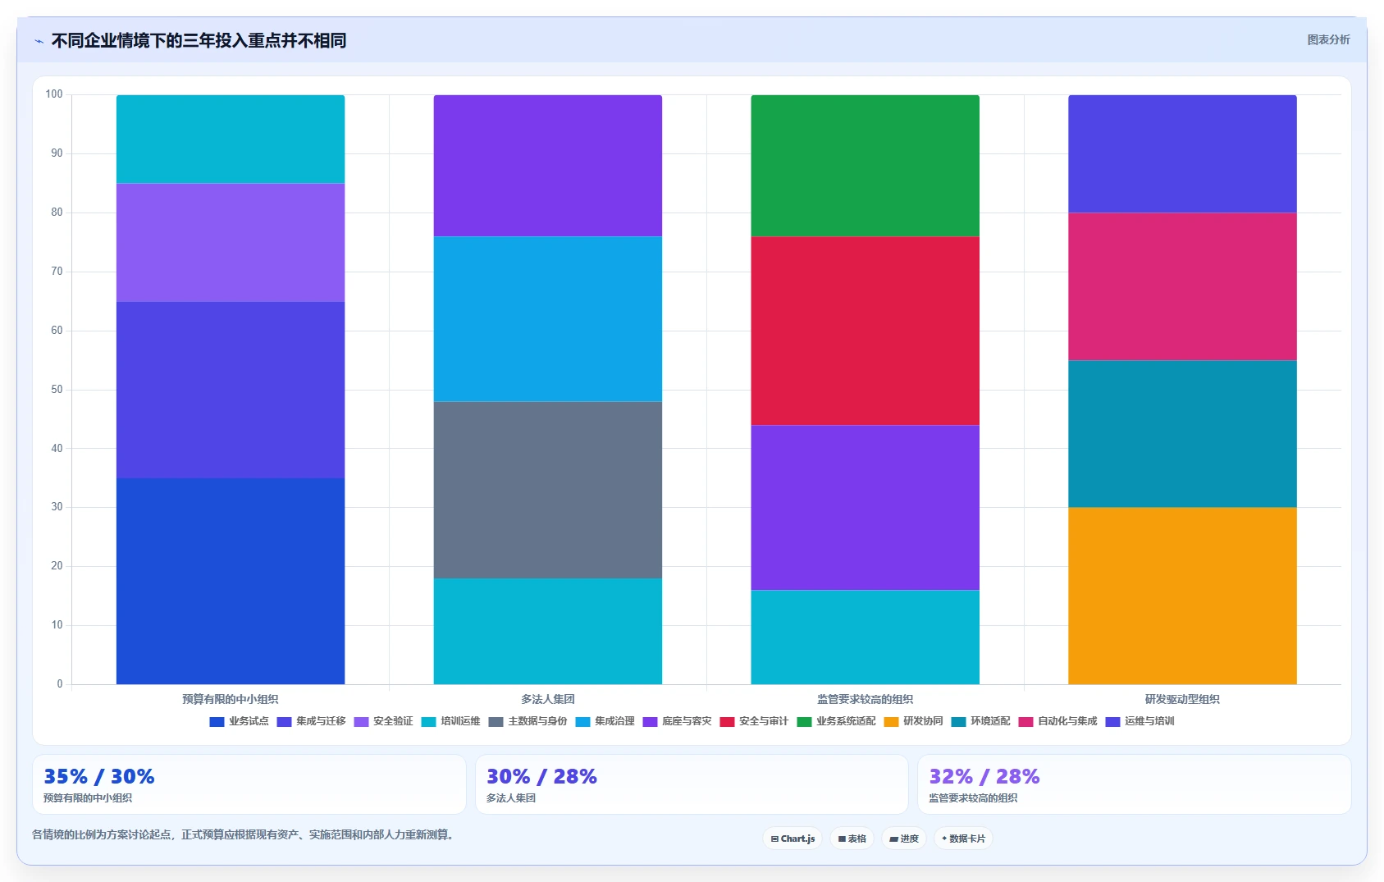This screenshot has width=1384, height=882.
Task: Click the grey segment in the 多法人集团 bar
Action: pyautogui.click(x=547, y=490)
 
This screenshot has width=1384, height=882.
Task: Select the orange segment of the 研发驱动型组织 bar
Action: pyautogui.click(x=1182, y=596)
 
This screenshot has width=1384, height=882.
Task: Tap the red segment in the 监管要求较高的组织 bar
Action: pyautogui.click(x=865, y=331)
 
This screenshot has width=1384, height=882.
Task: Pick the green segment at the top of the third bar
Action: pyautogui.click(x=865, y=166)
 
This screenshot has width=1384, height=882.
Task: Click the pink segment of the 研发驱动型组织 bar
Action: pyautogui.click(x=1182, y=287)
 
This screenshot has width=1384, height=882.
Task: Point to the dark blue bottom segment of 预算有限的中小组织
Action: pyautogui.click(x=231, y=581)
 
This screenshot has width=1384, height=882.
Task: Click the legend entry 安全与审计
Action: pyautogui.click(x=755, y=721)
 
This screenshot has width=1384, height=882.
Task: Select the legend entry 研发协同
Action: pyautogui.click(x=913, y=721)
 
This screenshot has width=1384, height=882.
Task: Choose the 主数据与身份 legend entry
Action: pyautogui.click(x=528, y=721)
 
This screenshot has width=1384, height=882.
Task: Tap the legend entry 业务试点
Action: pyautogui.click(x=239, y=721)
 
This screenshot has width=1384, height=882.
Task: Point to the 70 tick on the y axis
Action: pyautogui.click(x=57, y=272)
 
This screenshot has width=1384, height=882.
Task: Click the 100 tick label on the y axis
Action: pyautogui.click(x=54, y=94)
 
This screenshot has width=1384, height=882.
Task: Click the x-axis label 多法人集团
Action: pyautogui.click(x=547, y=699)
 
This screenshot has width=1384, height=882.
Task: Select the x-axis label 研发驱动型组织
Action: pyautogui.click(x=1182, y=699)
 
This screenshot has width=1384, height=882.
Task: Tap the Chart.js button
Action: pyautogui.click(x=792, y=839)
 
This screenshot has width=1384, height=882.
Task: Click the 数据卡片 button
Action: pyautogui.click(x=963, y=839)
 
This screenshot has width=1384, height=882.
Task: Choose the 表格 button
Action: pyautogui.click(x=852, y=839)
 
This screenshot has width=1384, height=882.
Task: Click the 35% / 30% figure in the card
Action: pyautogui.click(x=98, y=776)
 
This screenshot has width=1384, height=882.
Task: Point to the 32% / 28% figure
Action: pyautogui.click(x=984, y=776)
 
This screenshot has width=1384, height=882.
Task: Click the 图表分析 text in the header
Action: pyautogui.click(x=1328, y=39)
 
